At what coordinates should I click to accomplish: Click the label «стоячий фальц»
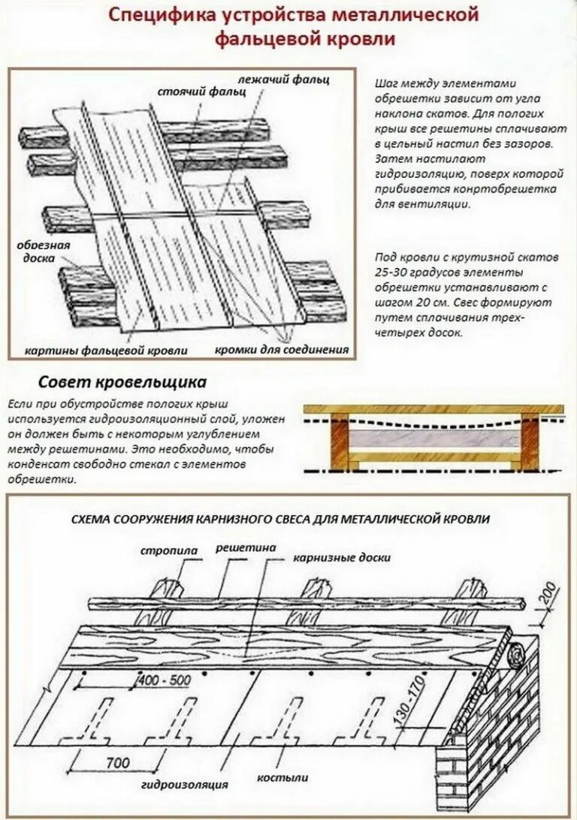pos(191,92)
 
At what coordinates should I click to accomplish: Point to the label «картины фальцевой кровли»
pos(106,350)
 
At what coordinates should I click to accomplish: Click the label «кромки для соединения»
pos(282,350)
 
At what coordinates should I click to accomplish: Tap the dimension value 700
pos(116,763)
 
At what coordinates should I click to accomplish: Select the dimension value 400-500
pos(164,680)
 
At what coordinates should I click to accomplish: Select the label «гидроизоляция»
pos(184,785)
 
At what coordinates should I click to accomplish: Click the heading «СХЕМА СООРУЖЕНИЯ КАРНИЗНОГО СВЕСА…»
pos(280,519)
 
